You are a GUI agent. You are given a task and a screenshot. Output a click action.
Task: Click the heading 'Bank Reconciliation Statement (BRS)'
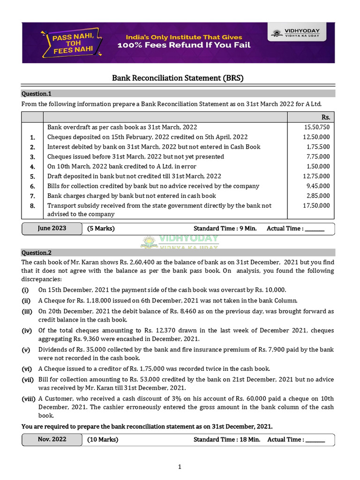pyautogui.click(x=178, y=78)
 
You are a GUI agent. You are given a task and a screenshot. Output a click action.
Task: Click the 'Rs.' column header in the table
pyautogui.click(x=326, y=117)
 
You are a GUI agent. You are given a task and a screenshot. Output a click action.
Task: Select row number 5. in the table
pyautogui.click(x=32, y=176)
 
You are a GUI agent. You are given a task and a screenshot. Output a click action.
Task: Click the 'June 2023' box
pyautogui.click(x=52, y=229)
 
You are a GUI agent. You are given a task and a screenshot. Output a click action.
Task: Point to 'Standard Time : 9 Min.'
pyautogui.click(x=225, y=229)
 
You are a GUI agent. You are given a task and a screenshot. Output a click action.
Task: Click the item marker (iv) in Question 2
pyautogui.click(x=27, y=330)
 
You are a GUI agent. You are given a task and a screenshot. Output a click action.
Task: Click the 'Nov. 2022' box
pyautogui.click(x=52, y=440)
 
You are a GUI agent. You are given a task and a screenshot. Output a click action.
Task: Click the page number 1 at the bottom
pyautogui.click(x=180, y=466)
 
